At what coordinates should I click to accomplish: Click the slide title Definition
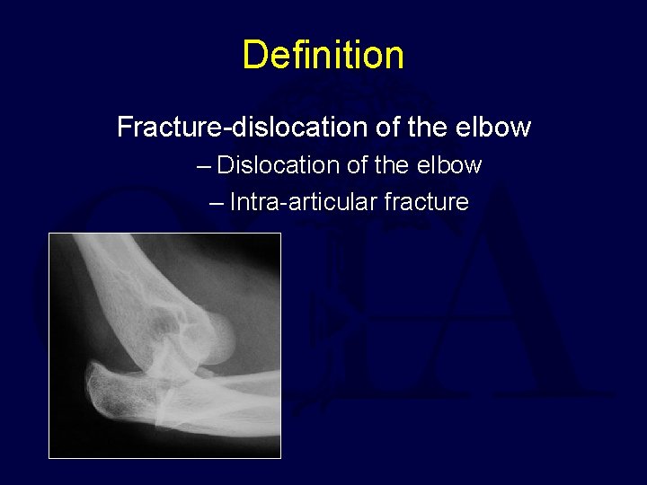pos(323,55)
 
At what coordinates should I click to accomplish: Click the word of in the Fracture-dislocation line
pos(386,128)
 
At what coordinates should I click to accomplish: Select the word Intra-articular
pos(303,202)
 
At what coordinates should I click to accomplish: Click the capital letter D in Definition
pos(255,55)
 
